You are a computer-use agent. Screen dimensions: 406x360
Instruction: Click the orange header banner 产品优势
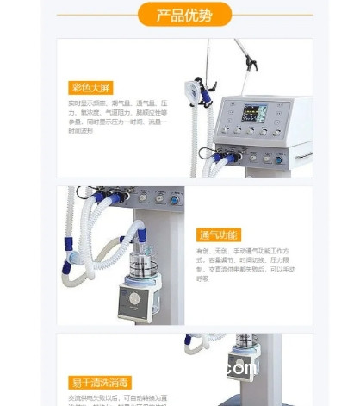tap(183, 15)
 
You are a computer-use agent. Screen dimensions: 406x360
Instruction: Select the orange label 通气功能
tap(220, 234)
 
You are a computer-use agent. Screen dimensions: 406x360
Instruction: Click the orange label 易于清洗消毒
tap(100, 382)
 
